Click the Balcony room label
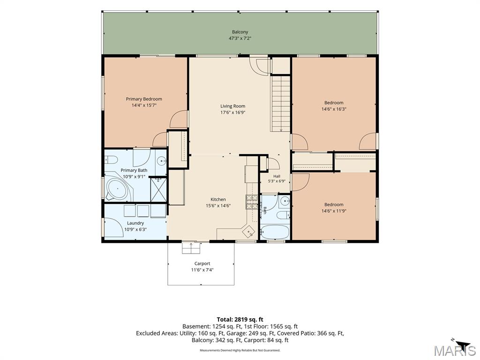(240, 32)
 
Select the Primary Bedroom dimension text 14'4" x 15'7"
(144, 105)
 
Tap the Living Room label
(232, 106)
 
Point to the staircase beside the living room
(280, 104)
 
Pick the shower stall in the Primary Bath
(158, 190)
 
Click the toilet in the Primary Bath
(111, 160)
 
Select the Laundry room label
(135, 223)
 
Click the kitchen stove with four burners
(252, 202)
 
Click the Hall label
(277, 176)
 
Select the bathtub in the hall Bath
(275, 232)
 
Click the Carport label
(202, 263)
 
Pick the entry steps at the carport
(191, 248)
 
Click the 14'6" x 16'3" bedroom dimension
(334, 109)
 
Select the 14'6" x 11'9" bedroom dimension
(334, 211)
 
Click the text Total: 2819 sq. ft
(240, 320)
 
